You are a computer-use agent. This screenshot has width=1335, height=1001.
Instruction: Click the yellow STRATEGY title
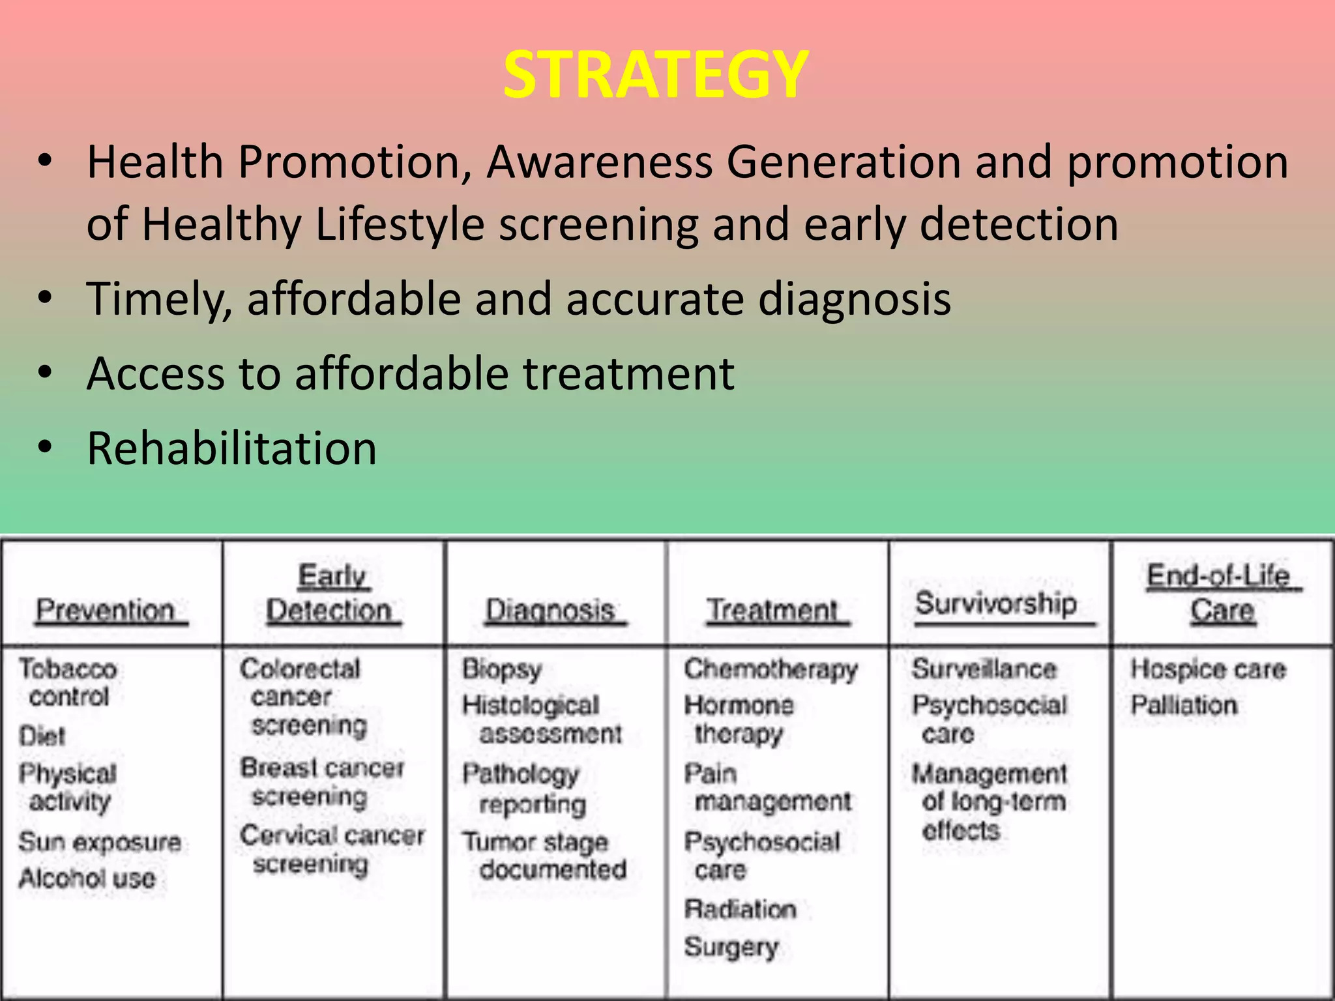coord(656,75)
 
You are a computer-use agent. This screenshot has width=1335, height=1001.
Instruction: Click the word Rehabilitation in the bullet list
coord(231,449)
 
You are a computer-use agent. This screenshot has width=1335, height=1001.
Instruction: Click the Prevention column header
coord(106,611)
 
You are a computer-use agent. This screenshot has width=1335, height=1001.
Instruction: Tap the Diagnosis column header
coord(551,611)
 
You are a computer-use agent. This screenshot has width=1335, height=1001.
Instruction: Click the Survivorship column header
coord(995,603)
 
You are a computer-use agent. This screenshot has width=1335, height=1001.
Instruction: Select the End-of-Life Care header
coord(1220,593)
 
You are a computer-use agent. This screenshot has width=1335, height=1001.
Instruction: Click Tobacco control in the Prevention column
coord(68,682)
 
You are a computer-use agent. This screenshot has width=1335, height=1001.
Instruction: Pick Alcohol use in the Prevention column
coord(87,878)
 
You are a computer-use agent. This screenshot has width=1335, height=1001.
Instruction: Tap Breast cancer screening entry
coord(321,782)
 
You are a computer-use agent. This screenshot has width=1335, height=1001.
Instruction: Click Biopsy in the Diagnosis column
coord(502,669)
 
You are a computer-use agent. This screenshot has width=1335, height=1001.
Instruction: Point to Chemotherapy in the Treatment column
coord(770,669)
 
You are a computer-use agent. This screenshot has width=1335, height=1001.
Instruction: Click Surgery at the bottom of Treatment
coord(731,946)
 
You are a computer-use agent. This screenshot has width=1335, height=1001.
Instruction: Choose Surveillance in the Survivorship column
coord(984,669)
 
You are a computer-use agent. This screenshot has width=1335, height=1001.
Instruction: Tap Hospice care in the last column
coord(1208,669)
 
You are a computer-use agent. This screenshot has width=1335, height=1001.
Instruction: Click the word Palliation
coord(1184,705)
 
